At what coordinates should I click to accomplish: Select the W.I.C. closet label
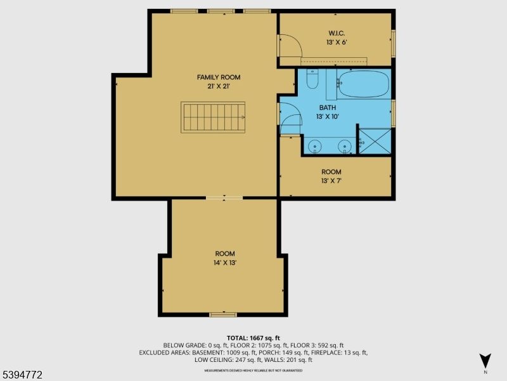pos(336,33)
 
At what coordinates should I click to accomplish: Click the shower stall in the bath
pos(375,141)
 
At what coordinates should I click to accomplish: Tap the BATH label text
pos(328,108)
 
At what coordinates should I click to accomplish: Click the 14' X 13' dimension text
pos(224,262)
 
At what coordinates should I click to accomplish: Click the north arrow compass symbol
pos(485,361)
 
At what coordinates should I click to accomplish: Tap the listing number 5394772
pos(22,375)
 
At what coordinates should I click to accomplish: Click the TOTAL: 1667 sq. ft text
pos(253,338)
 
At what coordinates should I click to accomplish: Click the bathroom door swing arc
pos(291,117)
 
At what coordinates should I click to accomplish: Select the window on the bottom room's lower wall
pos(223,314)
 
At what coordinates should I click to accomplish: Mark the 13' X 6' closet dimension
pos(336,43)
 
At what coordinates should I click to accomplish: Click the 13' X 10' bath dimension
pos(328,117)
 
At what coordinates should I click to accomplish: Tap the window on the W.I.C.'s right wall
pos(393,43)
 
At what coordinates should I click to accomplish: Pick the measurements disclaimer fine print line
pos(253,370)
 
